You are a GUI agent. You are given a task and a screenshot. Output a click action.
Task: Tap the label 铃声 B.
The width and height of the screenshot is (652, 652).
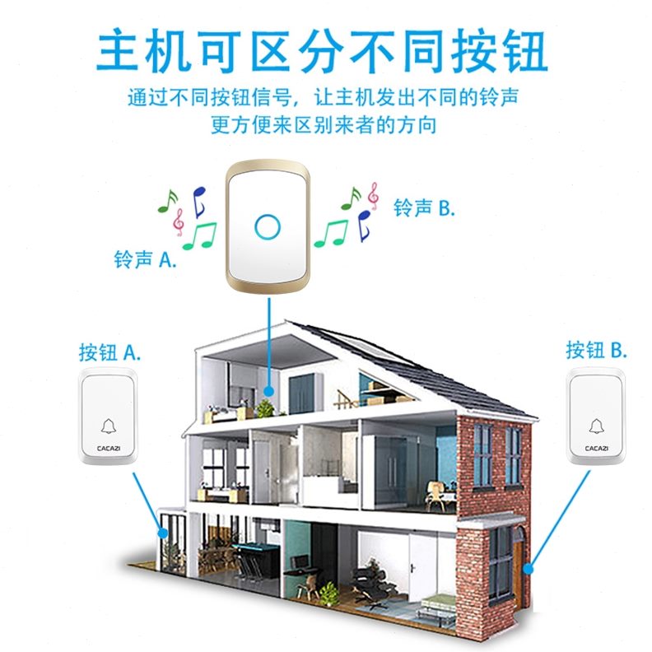click(424, 207)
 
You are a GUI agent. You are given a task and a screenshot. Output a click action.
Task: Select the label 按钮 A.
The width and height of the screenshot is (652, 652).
click(110, 352)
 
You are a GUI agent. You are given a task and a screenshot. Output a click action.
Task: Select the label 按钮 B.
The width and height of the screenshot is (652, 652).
click(596, 350)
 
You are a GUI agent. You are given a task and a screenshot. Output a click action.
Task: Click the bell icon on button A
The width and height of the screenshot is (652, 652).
click(108, 426)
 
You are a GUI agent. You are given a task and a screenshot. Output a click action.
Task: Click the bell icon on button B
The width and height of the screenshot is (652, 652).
click(596, 426)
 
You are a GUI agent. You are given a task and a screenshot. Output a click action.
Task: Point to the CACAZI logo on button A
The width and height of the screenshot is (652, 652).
click(108, 448)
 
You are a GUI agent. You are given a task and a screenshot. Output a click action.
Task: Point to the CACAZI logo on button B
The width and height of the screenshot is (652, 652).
click(596, 448)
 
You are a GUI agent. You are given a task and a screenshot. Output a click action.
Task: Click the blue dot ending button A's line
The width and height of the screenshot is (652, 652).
click(164, 533)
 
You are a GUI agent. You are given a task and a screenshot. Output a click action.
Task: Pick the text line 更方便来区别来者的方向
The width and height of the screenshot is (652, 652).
click(323, 125)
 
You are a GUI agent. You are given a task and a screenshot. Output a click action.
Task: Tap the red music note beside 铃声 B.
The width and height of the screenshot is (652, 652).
click(373, 193)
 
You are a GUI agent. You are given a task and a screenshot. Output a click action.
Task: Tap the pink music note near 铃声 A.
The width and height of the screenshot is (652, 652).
click(178, 221)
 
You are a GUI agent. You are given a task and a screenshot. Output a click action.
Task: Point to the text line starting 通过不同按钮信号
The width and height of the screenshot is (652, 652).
click(323, 96)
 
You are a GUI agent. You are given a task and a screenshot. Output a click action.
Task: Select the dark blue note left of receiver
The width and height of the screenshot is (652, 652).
click(198, 199)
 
